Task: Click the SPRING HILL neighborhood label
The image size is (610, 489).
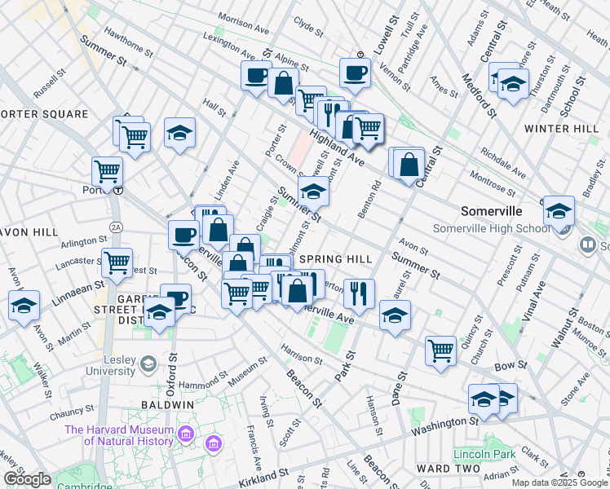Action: pyautogui.click(x=335, y=259)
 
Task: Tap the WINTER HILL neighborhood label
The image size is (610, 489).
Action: pyautogui.click(x=561, y=129)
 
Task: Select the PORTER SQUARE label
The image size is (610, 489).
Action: pyautogui.click(x=44, y=114)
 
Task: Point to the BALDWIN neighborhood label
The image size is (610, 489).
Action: pyautogui.click(x=166, y=404)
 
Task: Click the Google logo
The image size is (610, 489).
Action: pyautogui.click(x=27, y=480)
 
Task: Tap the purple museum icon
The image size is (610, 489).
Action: pyautogui.click(x=214, y=444)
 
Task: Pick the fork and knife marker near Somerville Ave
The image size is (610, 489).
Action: pyautogui.click(x=359, y=293)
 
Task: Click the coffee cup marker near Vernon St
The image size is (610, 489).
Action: pyautogui.click(x=355, y=73)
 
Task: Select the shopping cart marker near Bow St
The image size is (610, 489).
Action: pyautogui.click(x=440, y=350)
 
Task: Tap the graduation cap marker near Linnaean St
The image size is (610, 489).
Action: pyautogui.click(x=24, y=305)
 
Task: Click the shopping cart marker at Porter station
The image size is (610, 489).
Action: pyautogui.click(x=107, y=171)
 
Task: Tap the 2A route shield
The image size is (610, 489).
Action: pyautogui.click(x=116, y=226)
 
